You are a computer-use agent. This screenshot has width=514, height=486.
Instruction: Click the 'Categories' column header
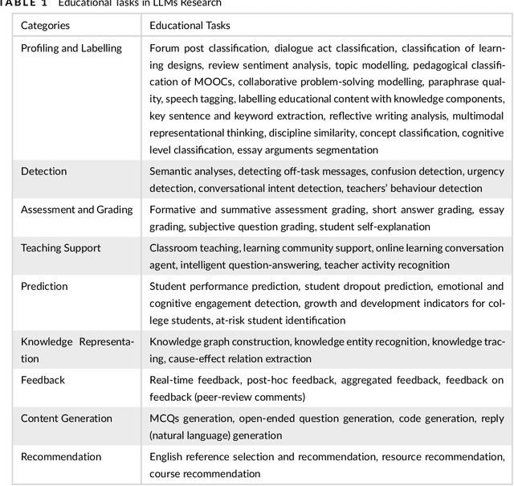click(x=45, y=26)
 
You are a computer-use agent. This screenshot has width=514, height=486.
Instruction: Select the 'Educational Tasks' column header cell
click(x=189, y=26)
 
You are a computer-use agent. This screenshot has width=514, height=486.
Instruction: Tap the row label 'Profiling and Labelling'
click(x=71, y=48)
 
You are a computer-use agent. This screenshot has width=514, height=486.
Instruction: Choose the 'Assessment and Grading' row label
click(x=76, y=210)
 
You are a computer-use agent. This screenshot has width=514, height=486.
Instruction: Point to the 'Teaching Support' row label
click(x=61, y=247)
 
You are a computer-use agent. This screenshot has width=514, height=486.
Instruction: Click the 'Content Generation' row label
click(x=67, y=419)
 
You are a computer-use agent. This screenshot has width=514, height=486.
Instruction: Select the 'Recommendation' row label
click(x=61, y=456)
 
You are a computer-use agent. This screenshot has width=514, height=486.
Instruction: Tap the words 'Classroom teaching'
click(x=194, y=248)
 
